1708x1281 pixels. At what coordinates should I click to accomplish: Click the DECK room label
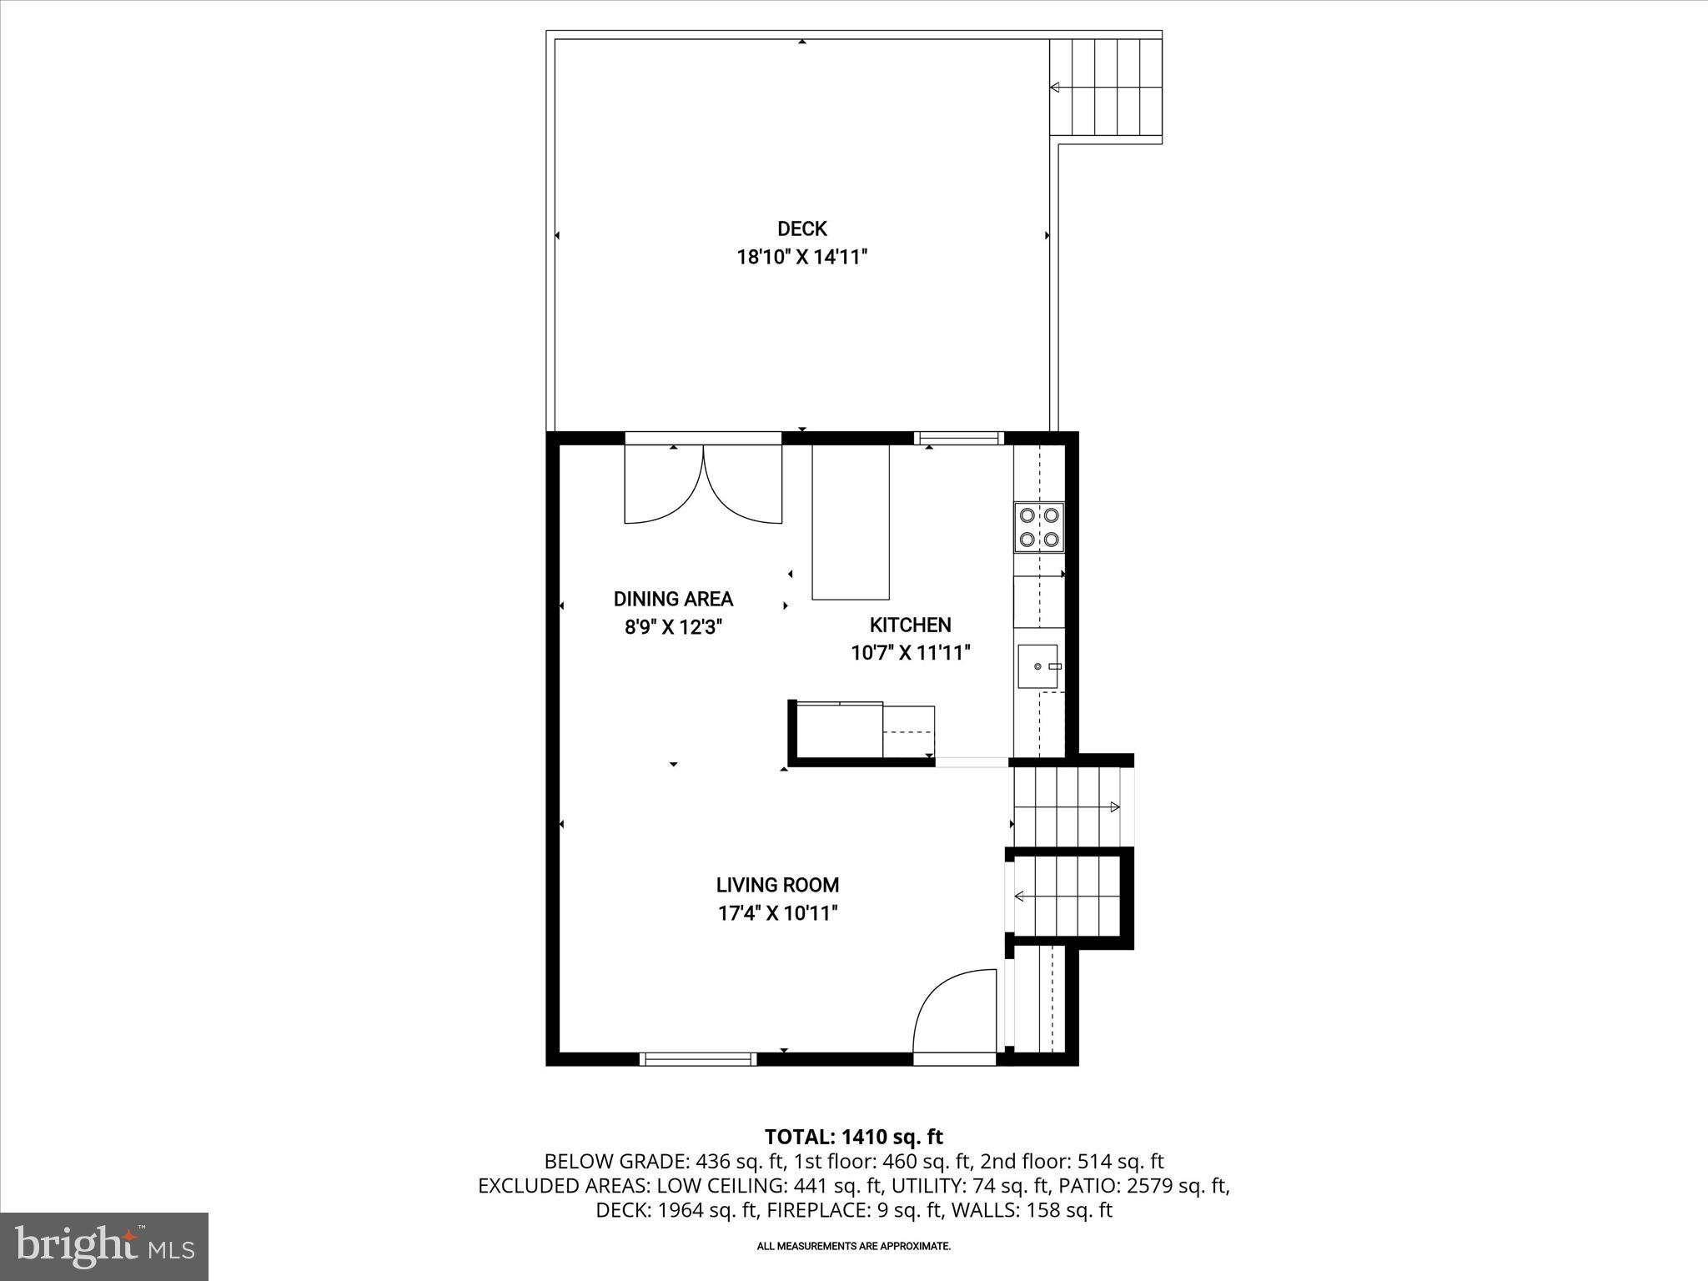801,229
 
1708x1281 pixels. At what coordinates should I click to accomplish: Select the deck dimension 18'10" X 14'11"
801,257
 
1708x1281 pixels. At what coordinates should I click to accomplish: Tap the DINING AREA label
673,599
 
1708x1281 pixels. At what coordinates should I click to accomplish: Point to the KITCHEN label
910,625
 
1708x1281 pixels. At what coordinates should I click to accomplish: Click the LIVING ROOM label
777,885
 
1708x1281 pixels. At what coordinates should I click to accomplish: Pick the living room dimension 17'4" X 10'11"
777,913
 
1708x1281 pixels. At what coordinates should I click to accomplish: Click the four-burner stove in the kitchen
1039,527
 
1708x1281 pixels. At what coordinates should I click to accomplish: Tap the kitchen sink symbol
1037,666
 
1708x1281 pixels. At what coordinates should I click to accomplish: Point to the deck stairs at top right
1105,87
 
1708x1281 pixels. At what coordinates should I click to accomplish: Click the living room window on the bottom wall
698,1059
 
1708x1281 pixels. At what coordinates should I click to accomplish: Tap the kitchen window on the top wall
958,438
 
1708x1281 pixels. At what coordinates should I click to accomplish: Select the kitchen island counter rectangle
851,522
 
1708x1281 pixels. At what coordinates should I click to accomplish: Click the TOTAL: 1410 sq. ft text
853,1137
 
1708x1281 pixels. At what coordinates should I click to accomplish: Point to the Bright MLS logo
104,1246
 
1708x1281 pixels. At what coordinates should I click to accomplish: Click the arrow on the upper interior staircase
1114,806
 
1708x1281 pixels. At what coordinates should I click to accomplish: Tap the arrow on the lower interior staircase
1019,897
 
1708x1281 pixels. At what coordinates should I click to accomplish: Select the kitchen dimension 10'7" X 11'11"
910,653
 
